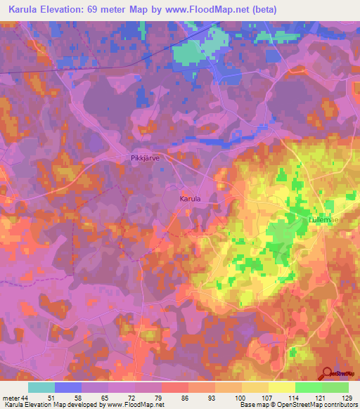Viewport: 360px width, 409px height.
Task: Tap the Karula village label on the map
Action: [x=190, y=200]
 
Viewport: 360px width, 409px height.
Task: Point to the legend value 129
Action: [x=348, y=398]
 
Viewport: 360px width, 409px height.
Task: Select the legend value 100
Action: [x=241, y=398]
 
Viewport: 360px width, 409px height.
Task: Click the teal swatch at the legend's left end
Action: [x=41, y=387]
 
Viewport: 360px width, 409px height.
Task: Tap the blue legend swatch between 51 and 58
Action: [x=68, y=387]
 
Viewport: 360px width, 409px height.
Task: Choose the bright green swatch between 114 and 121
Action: [x=308, y=387]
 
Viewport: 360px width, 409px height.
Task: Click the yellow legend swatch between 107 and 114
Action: [x=281, y=387]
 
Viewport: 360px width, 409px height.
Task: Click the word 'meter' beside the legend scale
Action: [x=11, y=398]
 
